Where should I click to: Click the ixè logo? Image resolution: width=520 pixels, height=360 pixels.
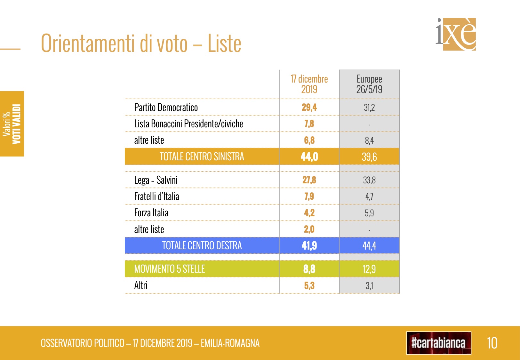456,34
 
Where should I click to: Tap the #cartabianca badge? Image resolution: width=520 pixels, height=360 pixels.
438,343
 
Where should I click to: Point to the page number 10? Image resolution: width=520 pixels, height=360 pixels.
492,343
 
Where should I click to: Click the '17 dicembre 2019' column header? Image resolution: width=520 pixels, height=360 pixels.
309,84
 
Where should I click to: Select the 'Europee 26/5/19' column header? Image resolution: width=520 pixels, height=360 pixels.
369,84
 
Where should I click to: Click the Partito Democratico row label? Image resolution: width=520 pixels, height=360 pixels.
166,108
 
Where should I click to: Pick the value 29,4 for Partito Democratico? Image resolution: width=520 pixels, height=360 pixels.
309,108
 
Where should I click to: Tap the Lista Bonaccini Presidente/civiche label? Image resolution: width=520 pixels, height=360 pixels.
188,124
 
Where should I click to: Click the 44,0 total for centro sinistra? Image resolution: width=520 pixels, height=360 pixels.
309,157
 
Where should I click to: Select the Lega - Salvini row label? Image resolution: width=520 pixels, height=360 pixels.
156,180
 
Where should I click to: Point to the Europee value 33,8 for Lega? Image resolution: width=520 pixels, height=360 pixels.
369,180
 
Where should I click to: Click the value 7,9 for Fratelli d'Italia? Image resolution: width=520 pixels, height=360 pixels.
309,196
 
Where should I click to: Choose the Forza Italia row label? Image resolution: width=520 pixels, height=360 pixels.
151,213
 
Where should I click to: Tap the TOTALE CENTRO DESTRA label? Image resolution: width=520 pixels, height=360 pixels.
202,246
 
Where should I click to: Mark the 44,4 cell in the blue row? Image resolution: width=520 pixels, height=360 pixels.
369,246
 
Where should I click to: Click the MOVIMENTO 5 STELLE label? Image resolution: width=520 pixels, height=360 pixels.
169,269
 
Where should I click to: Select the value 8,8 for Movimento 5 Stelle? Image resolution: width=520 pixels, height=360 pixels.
309,269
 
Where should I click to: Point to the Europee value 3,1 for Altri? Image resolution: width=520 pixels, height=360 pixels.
369,285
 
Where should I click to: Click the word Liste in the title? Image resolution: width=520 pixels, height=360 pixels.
224,44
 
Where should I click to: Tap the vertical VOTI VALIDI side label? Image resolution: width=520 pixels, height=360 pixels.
17,124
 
